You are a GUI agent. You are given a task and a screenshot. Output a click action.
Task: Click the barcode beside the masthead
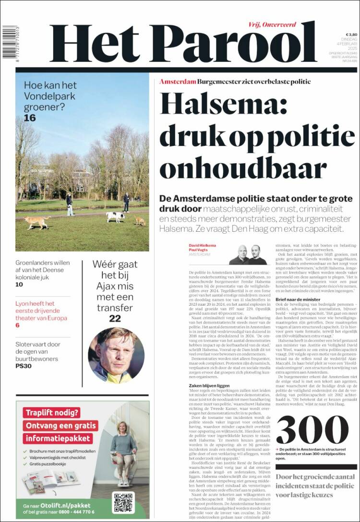click(8, 42)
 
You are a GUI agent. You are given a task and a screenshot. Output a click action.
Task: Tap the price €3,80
click(351, 35)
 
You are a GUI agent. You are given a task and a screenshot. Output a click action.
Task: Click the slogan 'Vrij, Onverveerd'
click(272, 24)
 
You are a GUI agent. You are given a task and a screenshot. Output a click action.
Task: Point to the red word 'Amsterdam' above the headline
click(178, 82)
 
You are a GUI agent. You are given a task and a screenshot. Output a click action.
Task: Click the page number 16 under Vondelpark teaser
click(30, 118)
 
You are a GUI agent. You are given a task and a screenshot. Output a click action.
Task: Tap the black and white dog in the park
click(115, 216)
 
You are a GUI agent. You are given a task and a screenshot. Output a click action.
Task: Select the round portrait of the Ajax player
click(116, 355)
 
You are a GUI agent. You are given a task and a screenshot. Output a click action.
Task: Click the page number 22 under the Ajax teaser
click(115, 318)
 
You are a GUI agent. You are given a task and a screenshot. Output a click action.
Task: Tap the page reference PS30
click(24, 366)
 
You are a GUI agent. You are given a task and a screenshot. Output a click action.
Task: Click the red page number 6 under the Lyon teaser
click(18, 325)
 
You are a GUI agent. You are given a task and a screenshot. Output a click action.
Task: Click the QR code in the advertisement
click(123, 501)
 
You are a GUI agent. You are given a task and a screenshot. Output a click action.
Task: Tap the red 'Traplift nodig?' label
click(46, 412)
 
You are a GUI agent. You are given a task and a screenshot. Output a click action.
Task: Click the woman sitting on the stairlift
click(123, 451)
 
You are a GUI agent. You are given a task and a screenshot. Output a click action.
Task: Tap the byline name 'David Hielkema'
click(202, 245)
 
